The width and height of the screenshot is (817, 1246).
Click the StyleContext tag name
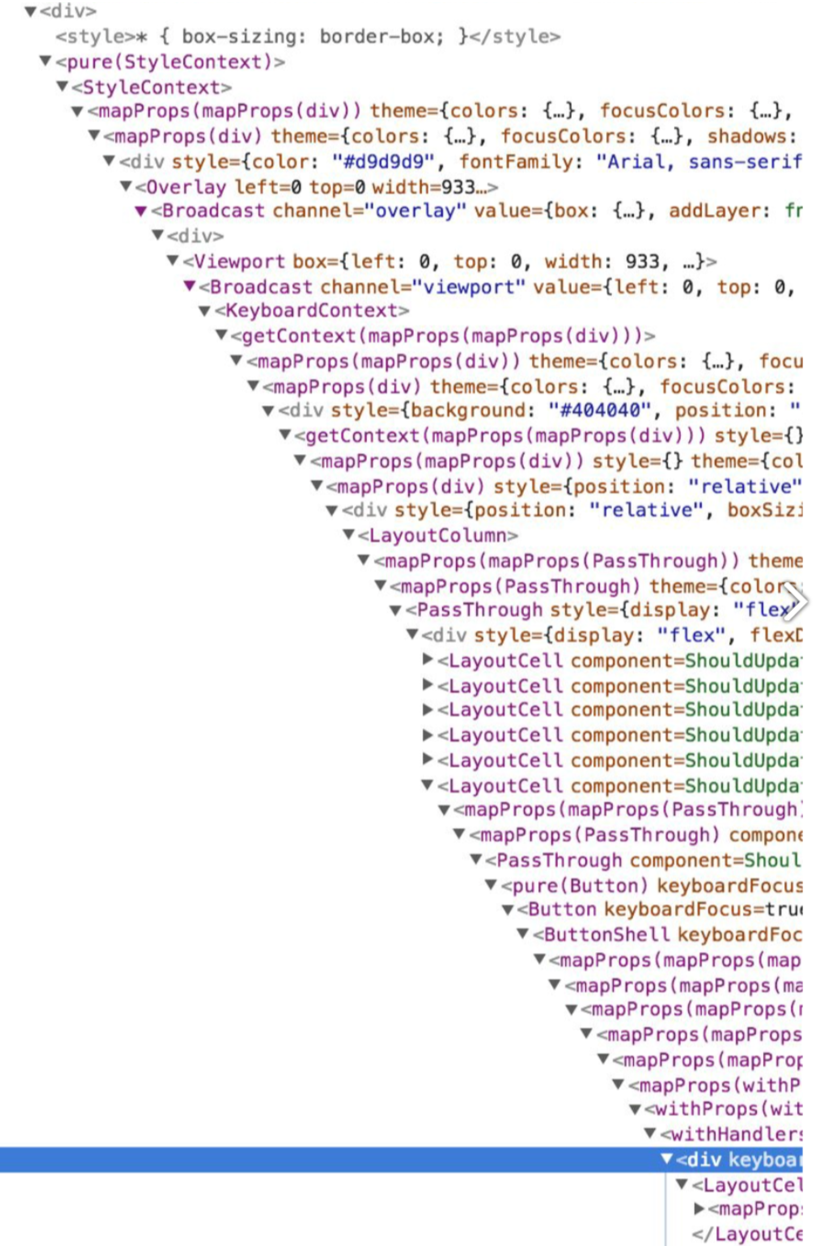click(151, 87)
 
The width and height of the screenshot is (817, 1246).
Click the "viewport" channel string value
click(468, 287)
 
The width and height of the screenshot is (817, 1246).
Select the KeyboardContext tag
click(312, 310)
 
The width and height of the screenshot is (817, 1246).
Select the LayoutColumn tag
click(438, 536)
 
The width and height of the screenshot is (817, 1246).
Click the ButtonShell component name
click(606, 934)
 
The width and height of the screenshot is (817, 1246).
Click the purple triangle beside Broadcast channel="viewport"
click(189, 287)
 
